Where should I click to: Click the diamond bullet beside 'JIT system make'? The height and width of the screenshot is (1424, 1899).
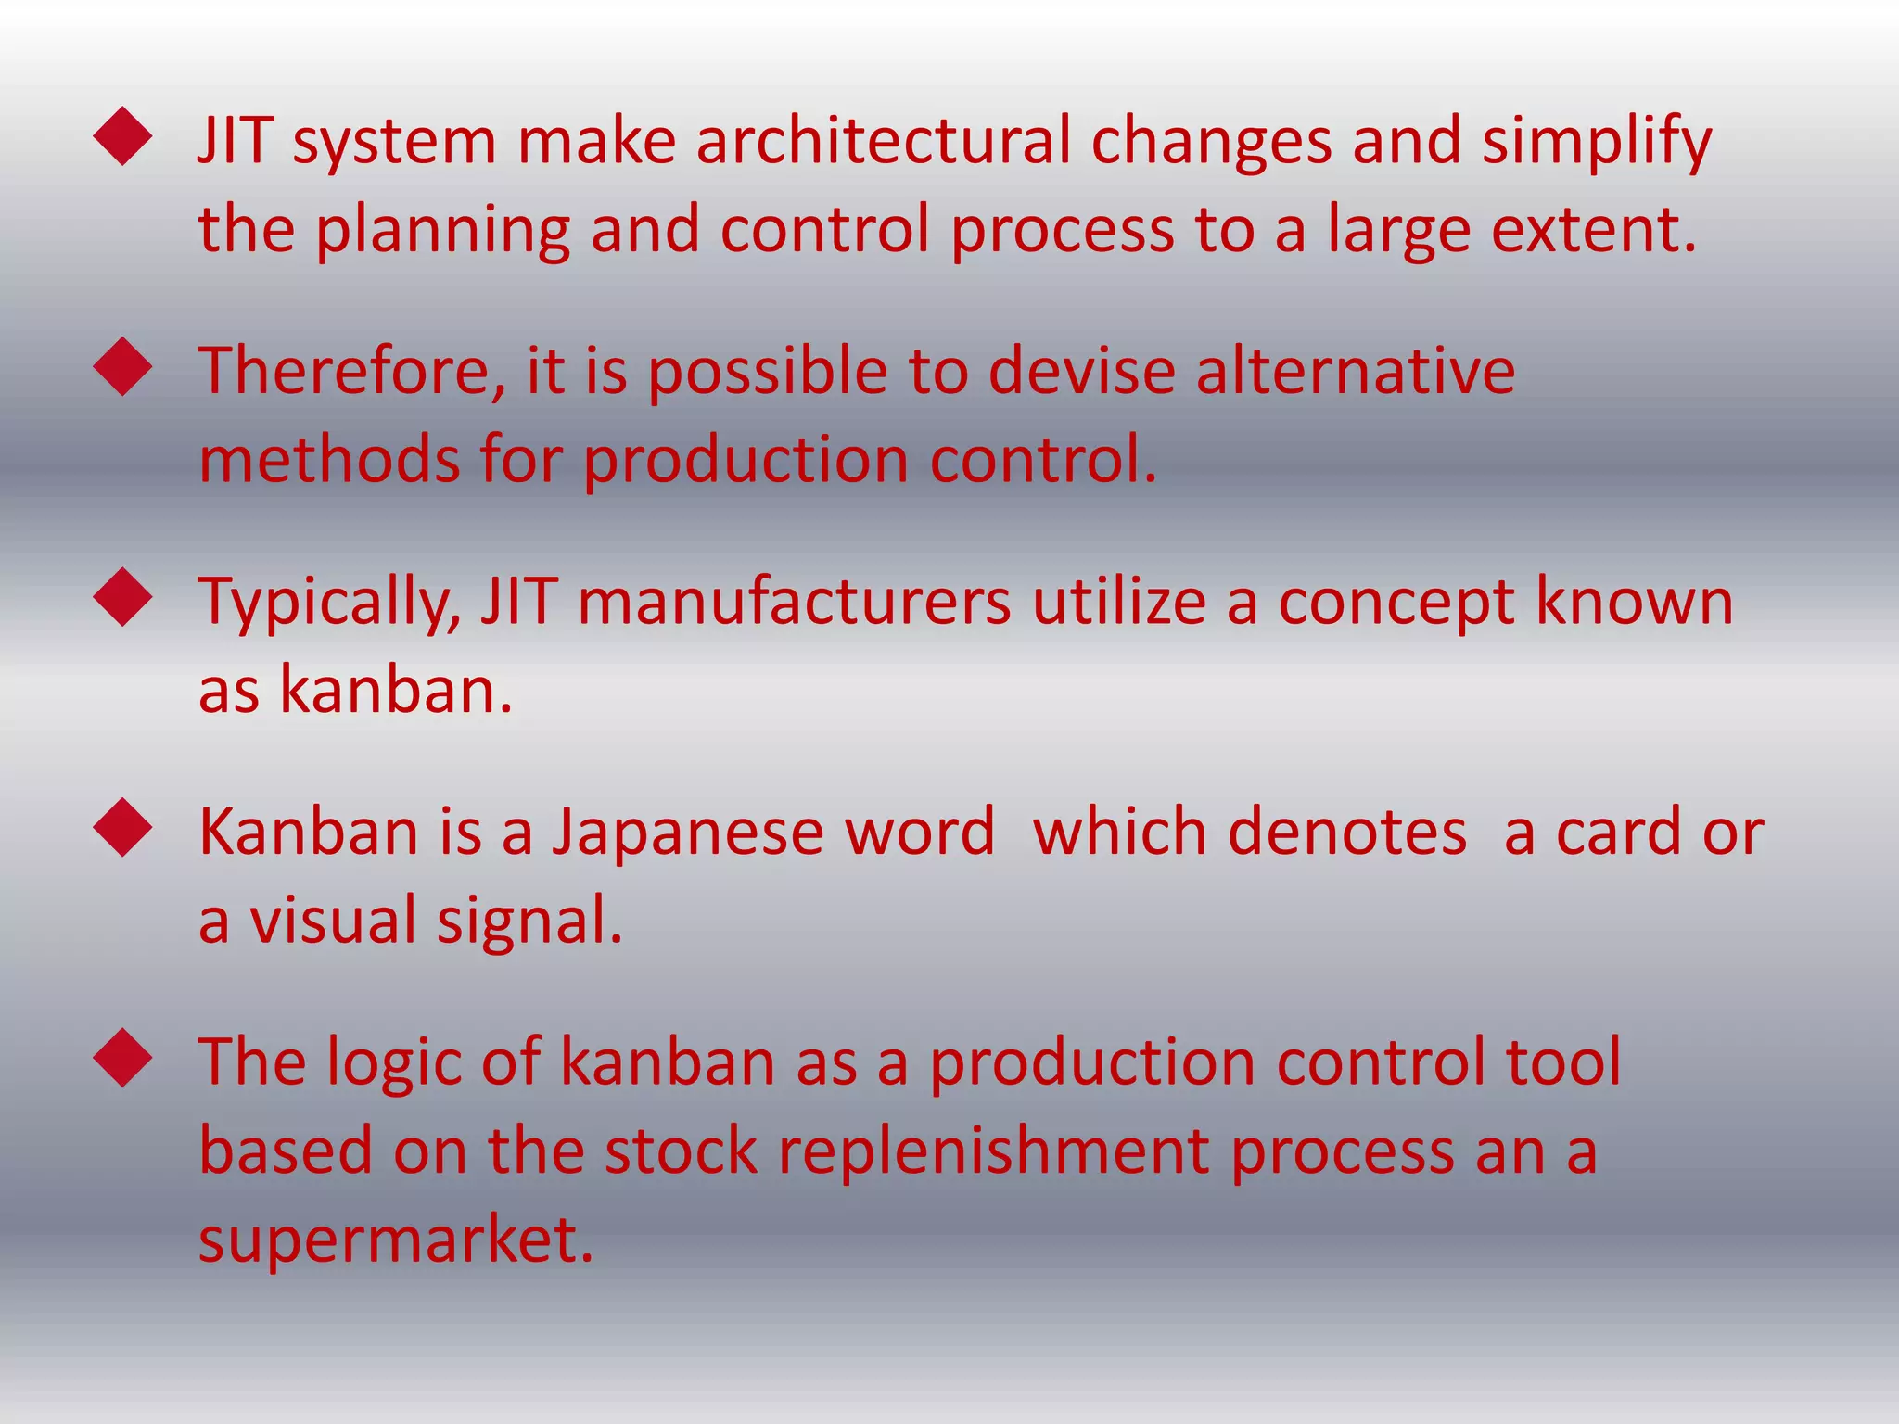pos(122,137)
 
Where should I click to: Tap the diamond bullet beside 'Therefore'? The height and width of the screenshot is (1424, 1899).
pos(122,367)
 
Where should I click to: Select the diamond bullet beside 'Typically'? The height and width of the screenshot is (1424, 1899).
pos(122,598)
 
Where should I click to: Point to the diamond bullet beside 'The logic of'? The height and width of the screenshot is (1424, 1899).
pos(122,1058)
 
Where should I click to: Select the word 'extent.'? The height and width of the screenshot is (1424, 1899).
pos(1594,230)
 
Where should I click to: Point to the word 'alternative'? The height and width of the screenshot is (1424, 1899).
pos(1355,371)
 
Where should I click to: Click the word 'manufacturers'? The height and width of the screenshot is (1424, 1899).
pos(794,602)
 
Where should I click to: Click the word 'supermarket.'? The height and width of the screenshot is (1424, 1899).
pos(396,1240)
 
